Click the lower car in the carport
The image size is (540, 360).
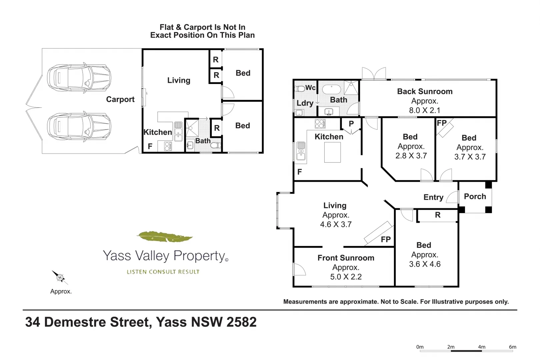pyautogui.click(x=79, y=126)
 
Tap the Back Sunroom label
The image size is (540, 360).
pyautogui.click(x=425, y=91)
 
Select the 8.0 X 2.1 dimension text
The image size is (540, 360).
pyautogui.click(x=425, y=110)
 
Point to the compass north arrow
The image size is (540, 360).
pyautogui.click(x=59, y=277)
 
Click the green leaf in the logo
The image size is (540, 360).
pyautogui.click(x=164, y=237)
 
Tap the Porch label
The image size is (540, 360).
pyautogui.click(x=475, y=196)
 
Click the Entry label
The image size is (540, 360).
pyautogui.click(x=433, y=197)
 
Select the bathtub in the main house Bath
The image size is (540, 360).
pyautogui.click(x=331, y=89)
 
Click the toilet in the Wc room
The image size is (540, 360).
pyautogui.click(x=300, y=88)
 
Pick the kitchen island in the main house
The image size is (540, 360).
pyautogui.click(x=332, y=152)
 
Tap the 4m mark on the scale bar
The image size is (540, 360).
pyautogui.click(x=482, y=347)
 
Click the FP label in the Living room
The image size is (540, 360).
pyautogui.click(x=386, y=239)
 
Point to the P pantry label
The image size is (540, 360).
pyautogui.click(x=351, y=124)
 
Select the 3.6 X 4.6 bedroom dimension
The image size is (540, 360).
pyautogui.click(x=425, y=264)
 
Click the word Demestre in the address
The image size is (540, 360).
pyautogui.click(x=97, y=322)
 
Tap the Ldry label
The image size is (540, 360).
pyautogui.click(x=305, y=103)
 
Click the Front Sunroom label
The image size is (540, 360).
pyautogui.click(x=346, y=258)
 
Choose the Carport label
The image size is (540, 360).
pyautogui.click(x=120, y=99)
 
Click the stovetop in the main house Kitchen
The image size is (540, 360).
pyautogui.click(x=320, y=124)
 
